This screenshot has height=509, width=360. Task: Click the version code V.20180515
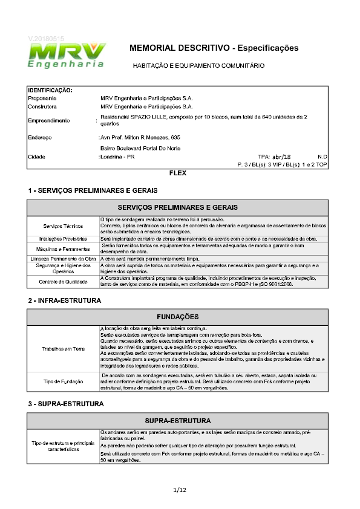point(46,39)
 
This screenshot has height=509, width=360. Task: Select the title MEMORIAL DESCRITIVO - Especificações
point(214,47)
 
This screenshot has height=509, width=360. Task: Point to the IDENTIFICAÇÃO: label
point(50,90)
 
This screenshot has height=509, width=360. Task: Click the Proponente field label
point(42,97)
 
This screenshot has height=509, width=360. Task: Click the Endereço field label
point(40,137)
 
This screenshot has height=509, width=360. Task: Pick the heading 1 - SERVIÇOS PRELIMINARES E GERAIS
point(93,190)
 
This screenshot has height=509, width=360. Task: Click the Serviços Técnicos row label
point(64,225)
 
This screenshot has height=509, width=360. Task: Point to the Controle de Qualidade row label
point(64,281)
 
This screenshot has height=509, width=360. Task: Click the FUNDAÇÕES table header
point(178,317)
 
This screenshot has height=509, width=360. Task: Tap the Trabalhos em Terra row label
point(64,349)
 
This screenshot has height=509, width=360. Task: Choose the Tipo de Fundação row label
point(64,381)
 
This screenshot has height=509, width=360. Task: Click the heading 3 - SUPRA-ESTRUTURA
point(66,403)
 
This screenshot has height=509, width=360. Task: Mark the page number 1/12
point(180,489)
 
